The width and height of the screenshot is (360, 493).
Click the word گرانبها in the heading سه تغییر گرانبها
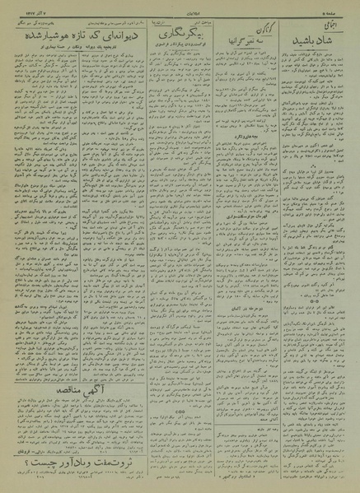pyautogui.click(x=235, y=38)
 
